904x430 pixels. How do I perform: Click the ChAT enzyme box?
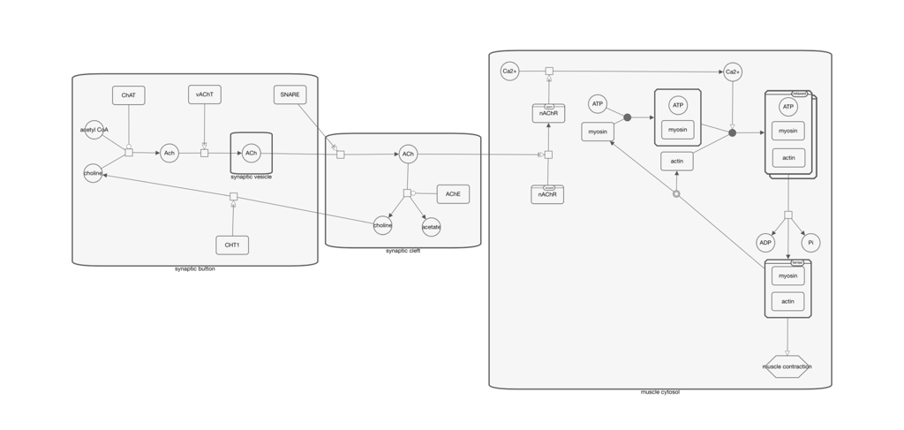(x=129, y=95)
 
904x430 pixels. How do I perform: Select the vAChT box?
(x=205, y=94)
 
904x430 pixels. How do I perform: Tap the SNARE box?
(x=290, y=94)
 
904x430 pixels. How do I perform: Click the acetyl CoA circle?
(x=94, y=130)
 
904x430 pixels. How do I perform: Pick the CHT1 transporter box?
(x=232, y=245)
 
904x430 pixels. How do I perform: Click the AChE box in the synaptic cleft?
(x=453, y=193)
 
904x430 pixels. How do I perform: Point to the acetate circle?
(x=431, y=227)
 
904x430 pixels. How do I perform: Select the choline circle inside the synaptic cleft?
(x=382, y=225)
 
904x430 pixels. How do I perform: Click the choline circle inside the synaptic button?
(x=93, y=173)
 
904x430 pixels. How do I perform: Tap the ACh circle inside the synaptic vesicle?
(x=252, y=153)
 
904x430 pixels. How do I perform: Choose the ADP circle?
(x=765, y=243)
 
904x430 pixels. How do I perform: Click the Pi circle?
(x=810, y=243)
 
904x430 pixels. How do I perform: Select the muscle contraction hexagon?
(x=787, y=366)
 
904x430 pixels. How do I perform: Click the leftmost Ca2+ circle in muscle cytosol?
(x=509, y=71)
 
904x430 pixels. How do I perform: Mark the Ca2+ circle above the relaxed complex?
(x=733, y=72)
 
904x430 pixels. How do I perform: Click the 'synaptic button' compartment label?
(x=194, y=269)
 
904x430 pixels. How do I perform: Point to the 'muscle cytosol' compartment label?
(x=659, y=392)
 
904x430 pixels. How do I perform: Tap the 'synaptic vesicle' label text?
(x=252, y=177)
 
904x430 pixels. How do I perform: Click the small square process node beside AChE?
(x=407, y=193)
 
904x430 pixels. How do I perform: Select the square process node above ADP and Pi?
(x=788, y=215)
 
